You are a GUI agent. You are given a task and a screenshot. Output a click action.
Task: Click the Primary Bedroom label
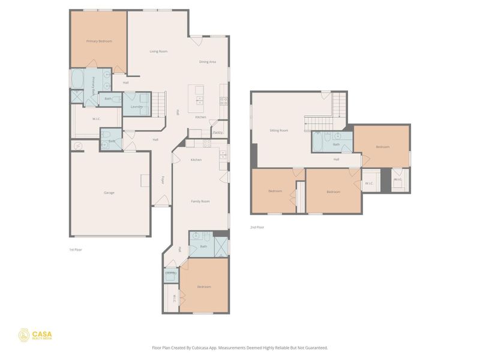tap(99, 41)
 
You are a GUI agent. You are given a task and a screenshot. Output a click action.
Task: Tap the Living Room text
tap(158, 52)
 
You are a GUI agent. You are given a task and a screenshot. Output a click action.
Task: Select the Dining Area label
tap(208, 62)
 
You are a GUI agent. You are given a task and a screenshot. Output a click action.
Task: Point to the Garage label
tap(109, 193)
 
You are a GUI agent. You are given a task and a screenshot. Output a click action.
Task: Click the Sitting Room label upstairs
tap(278, 130)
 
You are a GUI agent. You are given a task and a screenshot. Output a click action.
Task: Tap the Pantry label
tap(218, 132)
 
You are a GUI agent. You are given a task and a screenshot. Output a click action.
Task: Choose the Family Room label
tap(200, 202)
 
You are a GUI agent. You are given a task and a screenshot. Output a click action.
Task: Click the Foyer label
tap(162, 179)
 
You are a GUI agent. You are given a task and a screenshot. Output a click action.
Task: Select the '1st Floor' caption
tap(76, 249)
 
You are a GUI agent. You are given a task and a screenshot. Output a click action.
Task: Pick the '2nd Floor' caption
tap(257, 227)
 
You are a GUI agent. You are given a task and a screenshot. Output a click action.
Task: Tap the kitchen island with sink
tap(199, 96)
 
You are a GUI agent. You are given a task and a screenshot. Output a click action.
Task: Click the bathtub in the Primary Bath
tap(77, 79)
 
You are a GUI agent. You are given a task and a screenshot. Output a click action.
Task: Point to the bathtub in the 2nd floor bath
tap(319, 143)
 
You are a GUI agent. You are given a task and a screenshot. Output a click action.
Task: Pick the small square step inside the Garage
tap(145, 181)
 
